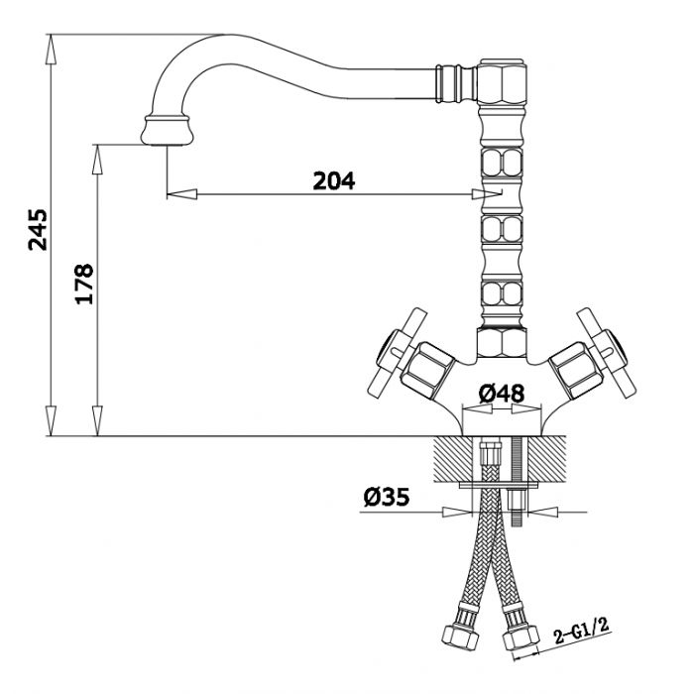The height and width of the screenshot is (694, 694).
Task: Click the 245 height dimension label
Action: click(x=38, y=230)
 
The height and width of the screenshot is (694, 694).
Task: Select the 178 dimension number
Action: click(x=84, y=284)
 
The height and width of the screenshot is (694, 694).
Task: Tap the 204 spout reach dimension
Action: click(x=334, y=180)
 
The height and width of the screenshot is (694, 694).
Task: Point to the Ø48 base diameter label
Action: click(x=501, y=393)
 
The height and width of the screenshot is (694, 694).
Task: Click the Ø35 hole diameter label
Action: click(x=387, y=497)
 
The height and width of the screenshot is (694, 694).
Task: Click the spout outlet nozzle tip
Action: click(x=168, y=130)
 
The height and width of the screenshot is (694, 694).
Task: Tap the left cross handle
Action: click(x=397, y=353)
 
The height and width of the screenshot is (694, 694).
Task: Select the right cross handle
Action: click(x=607, y=353)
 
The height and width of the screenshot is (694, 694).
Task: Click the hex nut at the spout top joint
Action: click(x=503, y=81)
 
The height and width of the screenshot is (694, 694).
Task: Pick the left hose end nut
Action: click(x=461, y=636)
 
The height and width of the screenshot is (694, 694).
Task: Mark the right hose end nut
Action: click(x=520, y=637)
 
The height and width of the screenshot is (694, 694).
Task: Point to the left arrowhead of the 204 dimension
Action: click(x=181, y=194)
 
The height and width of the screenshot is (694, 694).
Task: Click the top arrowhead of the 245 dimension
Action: click(x=51, y=50)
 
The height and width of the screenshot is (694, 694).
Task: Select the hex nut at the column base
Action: click(x=502, y=342)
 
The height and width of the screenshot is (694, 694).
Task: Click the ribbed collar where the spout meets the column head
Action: click(x=456, y=82)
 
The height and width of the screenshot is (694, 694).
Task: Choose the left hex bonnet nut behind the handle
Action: click(x=428, y=370)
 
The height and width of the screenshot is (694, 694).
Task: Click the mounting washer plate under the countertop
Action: click(x=499, y=485)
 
